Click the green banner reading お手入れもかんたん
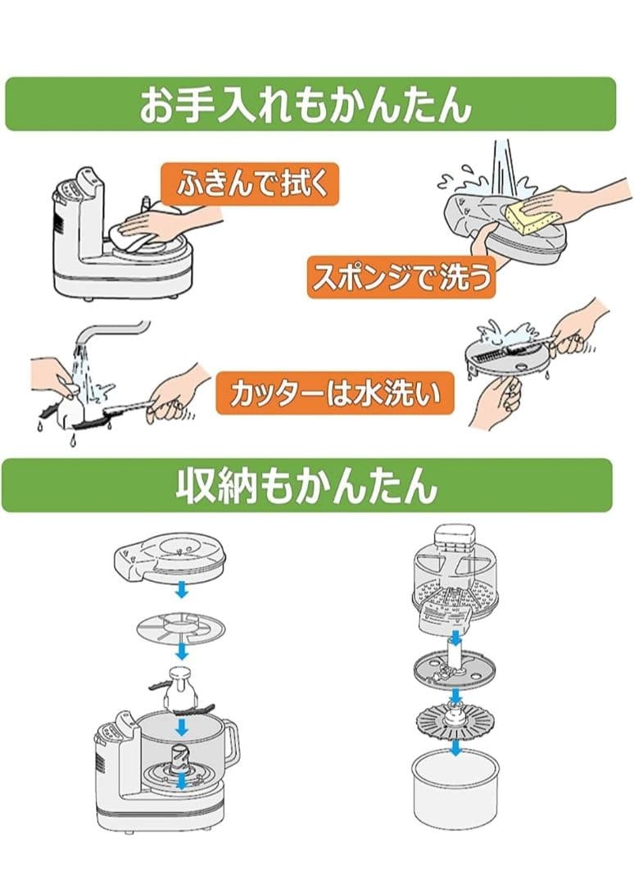click(x=310, y=104)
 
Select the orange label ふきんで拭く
click(x=249, y=184)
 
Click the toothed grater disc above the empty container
click(x=455, y=723)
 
